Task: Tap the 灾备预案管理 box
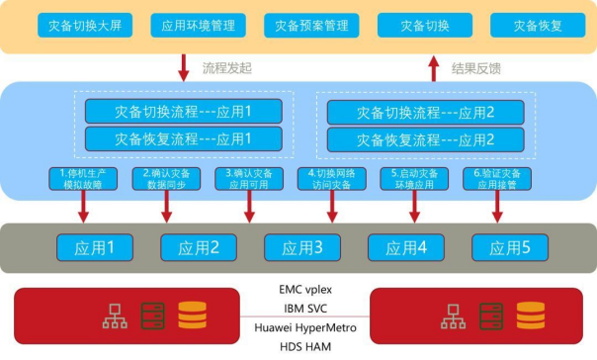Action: pos(311,25)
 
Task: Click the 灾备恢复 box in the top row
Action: pos(538,25)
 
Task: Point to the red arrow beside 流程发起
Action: pos(183,67)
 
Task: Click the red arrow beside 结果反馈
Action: pos(433,67)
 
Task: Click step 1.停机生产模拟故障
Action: pos(78,178)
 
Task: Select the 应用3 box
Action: pos(294,245)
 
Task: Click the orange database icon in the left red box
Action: pos(192,315)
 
